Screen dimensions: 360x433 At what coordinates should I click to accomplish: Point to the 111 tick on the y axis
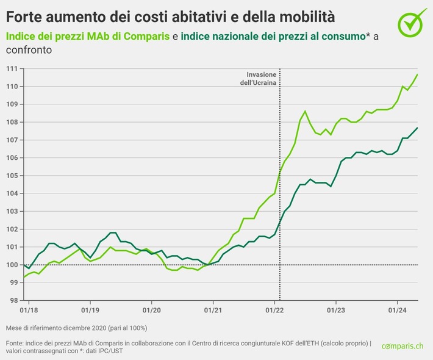(x=12, y=68)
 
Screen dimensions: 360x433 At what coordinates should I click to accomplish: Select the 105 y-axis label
(x=12, y=175)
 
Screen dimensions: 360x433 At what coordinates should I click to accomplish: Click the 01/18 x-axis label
(x=28, y=311)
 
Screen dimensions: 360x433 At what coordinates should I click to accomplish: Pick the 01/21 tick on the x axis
(x=213, y=311)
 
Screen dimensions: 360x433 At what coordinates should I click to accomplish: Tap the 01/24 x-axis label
(x=397, y=311)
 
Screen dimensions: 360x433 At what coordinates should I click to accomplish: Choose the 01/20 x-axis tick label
(x=151, y=311)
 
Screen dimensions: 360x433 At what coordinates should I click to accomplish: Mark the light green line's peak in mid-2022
(x=305, y=111)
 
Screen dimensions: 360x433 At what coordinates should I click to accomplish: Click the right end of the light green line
(x=417, y=74)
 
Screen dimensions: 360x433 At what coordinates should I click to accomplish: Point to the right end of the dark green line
(x=417, y=128)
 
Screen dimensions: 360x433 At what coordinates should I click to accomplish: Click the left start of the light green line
(x=24, y=278)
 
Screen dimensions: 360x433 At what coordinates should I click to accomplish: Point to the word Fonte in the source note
(x=15, y=343)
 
